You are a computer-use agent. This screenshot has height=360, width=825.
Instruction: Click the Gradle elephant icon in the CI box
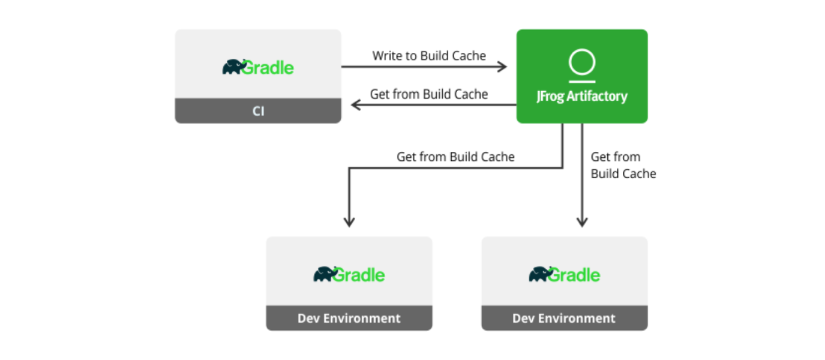[x=232, y=67]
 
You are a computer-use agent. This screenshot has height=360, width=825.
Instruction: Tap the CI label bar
[x=258, y=112]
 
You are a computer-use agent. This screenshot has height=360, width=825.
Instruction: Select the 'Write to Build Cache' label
[x=429, y=56]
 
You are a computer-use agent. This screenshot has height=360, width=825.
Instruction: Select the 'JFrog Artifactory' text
[x=582, y=97]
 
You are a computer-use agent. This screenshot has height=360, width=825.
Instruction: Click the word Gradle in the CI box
[x=268, y=68]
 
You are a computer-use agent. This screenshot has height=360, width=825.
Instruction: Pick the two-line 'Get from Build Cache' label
[x=623, y=165]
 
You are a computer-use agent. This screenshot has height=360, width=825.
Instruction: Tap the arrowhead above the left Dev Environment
[x=349, y=221]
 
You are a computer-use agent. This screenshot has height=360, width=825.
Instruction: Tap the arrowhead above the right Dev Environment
[x=582, y=221]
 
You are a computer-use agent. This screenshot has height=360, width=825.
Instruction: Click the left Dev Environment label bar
[x=349, y=318]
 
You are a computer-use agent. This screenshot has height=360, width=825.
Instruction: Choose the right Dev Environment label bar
[x=564, y=318]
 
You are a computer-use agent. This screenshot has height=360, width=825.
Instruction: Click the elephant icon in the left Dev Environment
[x=323, y=274]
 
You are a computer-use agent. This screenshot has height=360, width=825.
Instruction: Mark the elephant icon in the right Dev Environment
[x=539, y=274]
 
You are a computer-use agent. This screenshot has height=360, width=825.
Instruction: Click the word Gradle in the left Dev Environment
[x=359, y=275]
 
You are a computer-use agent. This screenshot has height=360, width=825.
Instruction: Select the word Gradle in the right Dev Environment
[x=574, y=275]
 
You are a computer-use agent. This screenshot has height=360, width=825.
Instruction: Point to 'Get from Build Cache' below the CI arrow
[x=428, y=94]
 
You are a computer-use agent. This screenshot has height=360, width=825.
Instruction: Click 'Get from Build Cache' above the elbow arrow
[x=455, y=157]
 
